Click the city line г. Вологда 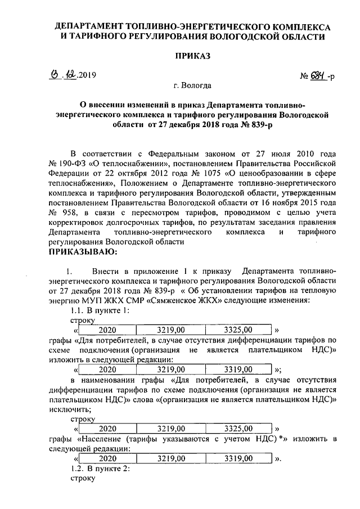[x=193, y=86]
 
